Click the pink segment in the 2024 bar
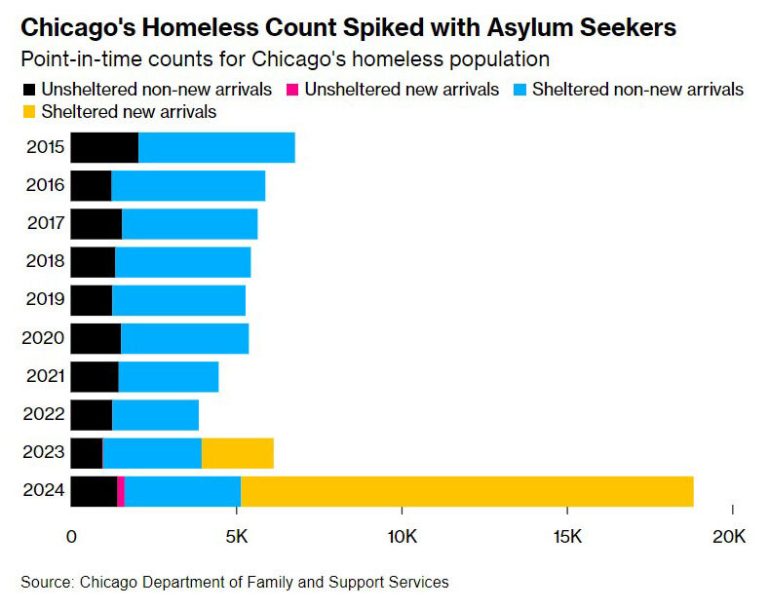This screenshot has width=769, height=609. pos(121,491)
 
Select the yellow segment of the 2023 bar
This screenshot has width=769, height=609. pos(237,453)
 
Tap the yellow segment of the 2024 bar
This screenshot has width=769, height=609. pos(467,491)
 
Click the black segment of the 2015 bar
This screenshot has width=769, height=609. pos(104,148)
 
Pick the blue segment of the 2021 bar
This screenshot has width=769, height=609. pos(168,376)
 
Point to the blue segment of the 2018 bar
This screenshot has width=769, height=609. pos(182,262)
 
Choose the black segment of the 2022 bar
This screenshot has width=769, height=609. pos(92,415)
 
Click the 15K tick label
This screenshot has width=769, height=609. pos(566,536)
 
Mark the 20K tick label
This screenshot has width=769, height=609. pos(730,536)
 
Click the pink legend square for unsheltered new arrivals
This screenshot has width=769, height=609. pos(291,90)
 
